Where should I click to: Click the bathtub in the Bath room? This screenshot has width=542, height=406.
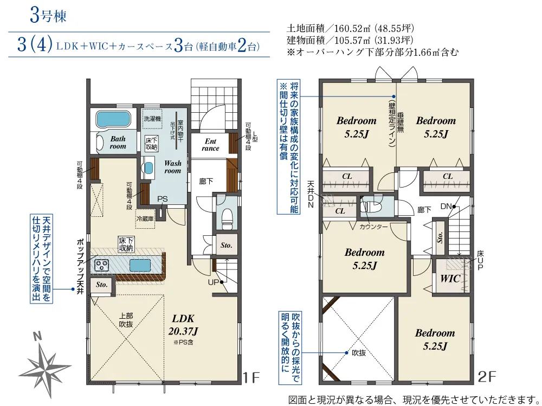(x=113, y=119)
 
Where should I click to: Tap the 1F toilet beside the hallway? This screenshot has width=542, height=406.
(x=227, y=219)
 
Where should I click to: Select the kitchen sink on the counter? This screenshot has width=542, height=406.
(x=140, y=266)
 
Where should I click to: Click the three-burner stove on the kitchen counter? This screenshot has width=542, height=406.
(x=102, y=265)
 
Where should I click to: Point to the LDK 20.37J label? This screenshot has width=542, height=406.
(x=183, y=325)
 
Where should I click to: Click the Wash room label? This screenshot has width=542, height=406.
(x=172, y=167)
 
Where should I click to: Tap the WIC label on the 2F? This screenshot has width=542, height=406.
(x=450, y=279)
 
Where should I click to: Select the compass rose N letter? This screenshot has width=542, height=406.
(x=37, y=336)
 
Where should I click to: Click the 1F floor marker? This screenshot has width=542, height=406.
(x=250, y=377)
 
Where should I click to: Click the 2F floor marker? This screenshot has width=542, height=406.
(x=487, y=377)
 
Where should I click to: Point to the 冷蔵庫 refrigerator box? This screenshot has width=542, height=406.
(x=145, y=218)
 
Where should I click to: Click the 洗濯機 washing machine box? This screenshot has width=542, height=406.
(x=152, y=119)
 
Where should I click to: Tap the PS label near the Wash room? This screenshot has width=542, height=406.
(x=163, y=199)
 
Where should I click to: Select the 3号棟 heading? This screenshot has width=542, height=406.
(x=48, y=16)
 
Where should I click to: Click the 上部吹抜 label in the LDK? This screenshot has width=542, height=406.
(x=126, y=320)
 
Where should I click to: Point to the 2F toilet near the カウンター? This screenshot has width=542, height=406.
(x=370, y=207)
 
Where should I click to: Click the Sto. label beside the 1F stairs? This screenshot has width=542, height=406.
(x=227, y=245)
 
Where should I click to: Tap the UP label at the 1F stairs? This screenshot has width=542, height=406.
(x=214, y=282)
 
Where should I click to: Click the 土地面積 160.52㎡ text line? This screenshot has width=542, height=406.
(x=350, y=28)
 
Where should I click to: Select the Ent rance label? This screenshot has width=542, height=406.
(x=210, y=145)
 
